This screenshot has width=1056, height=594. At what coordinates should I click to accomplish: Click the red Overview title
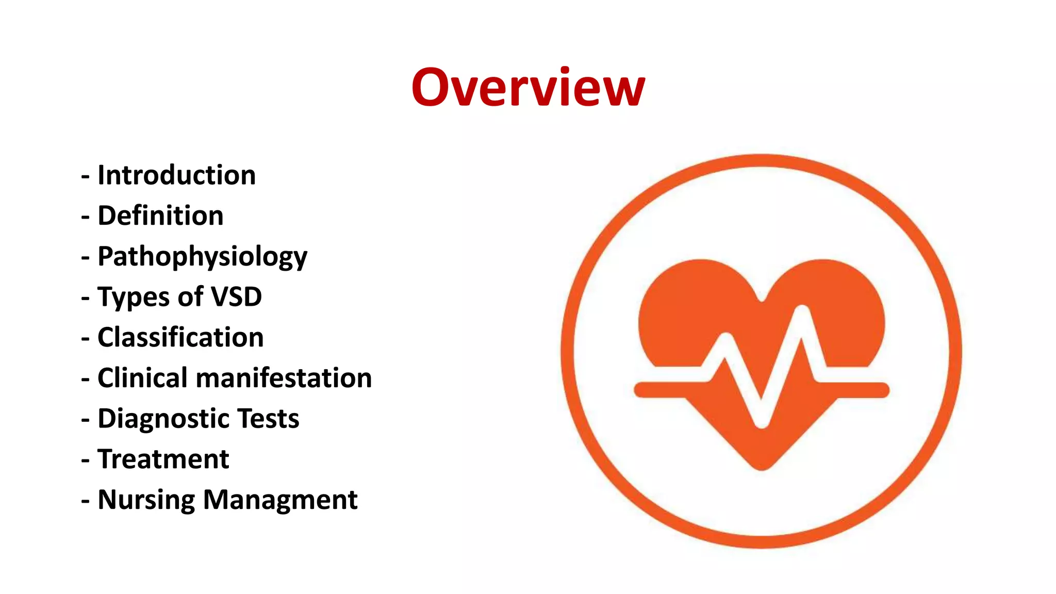(528, 88)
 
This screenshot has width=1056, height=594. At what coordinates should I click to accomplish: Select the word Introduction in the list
(176, 175)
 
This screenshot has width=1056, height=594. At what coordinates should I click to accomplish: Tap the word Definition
(160, 216)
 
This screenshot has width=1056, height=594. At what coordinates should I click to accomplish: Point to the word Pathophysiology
(202, 257)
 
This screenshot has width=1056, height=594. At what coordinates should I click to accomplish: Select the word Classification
(180, 337)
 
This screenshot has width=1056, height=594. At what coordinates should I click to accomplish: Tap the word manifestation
(284, 378)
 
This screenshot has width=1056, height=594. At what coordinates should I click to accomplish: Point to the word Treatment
(163, 459)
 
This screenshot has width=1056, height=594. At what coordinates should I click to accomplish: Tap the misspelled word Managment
(280, 500)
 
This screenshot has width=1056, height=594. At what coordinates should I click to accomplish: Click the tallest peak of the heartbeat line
(802, 311)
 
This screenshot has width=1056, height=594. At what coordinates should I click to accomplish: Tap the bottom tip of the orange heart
(762, 467)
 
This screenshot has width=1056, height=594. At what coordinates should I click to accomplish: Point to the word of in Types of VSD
(190, 297)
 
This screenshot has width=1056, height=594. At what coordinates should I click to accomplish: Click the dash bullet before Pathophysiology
(86, 257)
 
